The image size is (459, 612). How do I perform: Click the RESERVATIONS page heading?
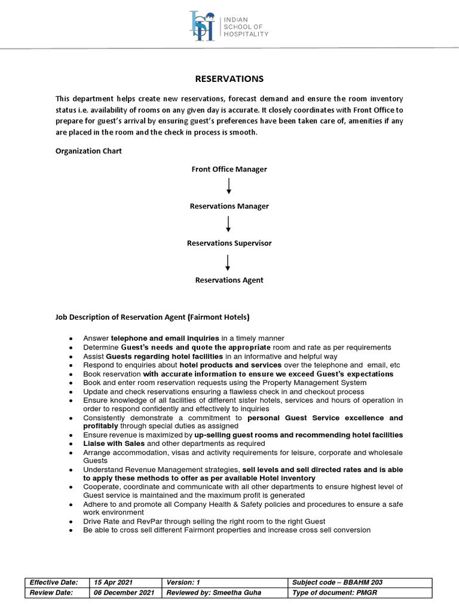click(229, 79)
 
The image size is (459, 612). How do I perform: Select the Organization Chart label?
click(88, 151)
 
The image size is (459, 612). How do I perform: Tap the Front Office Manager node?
click(229, 169)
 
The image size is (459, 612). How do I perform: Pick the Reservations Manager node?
click(229, 206)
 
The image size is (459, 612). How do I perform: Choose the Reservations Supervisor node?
click(229, 243)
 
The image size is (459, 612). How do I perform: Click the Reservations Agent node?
click(229, 280)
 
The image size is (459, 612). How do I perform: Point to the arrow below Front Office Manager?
click(228, 188)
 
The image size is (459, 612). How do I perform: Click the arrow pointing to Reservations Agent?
click(228, 262)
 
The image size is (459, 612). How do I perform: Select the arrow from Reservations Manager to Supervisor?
click(228, 225)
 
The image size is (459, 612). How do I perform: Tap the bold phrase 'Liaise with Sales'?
click(114, 443)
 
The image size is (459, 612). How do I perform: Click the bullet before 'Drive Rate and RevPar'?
click(72, 522)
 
